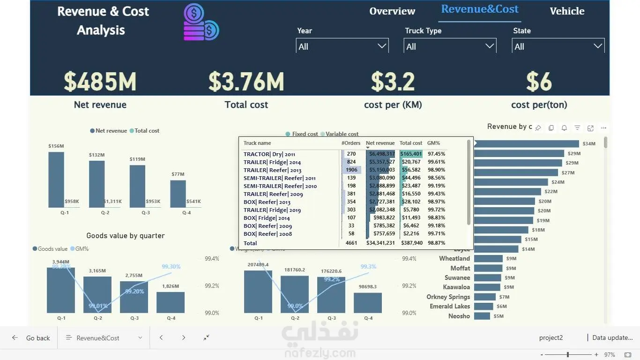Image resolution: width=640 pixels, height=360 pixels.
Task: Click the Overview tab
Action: [x=392, y=11]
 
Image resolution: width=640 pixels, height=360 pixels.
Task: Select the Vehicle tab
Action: [x=567, y=11]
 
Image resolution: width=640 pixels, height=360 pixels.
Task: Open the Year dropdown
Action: [x=342, y=46]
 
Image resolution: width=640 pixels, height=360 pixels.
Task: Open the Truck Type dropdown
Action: [x=450, y=46]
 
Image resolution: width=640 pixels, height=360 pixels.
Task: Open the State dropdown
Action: [x=558, y=46]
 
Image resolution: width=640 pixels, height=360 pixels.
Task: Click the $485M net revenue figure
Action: [x=100, y=82]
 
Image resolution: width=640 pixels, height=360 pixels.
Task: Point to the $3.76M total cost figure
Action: [x=246, y=82]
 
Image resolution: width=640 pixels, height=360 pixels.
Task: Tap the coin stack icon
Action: [x=201, y=22]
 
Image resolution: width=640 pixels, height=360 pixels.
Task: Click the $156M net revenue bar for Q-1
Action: [x=56, y=180]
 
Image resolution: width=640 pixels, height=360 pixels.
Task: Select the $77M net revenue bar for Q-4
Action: [x=178, y=194]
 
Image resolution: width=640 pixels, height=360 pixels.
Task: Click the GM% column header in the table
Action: [x=433, y=143]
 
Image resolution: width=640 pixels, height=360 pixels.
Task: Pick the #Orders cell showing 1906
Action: [x=351, y=170]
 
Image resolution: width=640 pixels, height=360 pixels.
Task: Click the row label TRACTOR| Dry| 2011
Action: [x=269, y=154]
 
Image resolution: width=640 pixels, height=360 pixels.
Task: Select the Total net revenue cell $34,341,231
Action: [x=380, y=243]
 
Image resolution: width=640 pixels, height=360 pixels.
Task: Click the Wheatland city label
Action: [x=454, y=258]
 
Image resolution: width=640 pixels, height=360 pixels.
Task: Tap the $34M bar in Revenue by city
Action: [x=527, y=144]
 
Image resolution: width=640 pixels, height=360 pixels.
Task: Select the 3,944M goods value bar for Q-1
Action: [x=61, y=290]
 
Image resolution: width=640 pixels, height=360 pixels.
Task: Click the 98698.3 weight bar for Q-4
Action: [x=368, y=303]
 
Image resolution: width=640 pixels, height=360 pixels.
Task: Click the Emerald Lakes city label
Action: [x=450, y=306]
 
